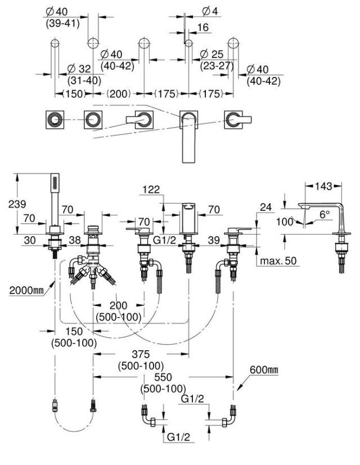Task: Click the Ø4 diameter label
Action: (210, 11)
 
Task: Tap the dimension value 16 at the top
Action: (203, 28)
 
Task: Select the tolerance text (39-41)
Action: (62, 24)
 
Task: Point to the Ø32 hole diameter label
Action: (79, 69)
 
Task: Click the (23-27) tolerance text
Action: (217, 66)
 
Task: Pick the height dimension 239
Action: (17, 204)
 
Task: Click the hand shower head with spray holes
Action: (55, 182)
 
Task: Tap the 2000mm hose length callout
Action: (26, 290)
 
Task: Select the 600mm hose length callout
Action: (264, 369)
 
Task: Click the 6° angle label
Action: (325, 214)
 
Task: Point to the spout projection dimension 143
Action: (323, 186)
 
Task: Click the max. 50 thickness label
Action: (278, 261)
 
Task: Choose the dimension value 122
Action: (151, 189)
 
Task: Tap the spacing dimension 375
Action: (141, 354)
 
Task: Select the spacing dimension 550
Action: (163, 377)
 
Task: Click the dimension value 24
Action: (265, 207)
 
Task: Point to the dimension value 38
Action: (75, 240)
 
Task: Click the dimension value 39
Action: (214, 240)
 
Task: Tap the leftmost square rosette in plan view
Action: (55, 120)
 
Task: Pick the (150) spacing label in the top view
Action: (74, 94)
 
